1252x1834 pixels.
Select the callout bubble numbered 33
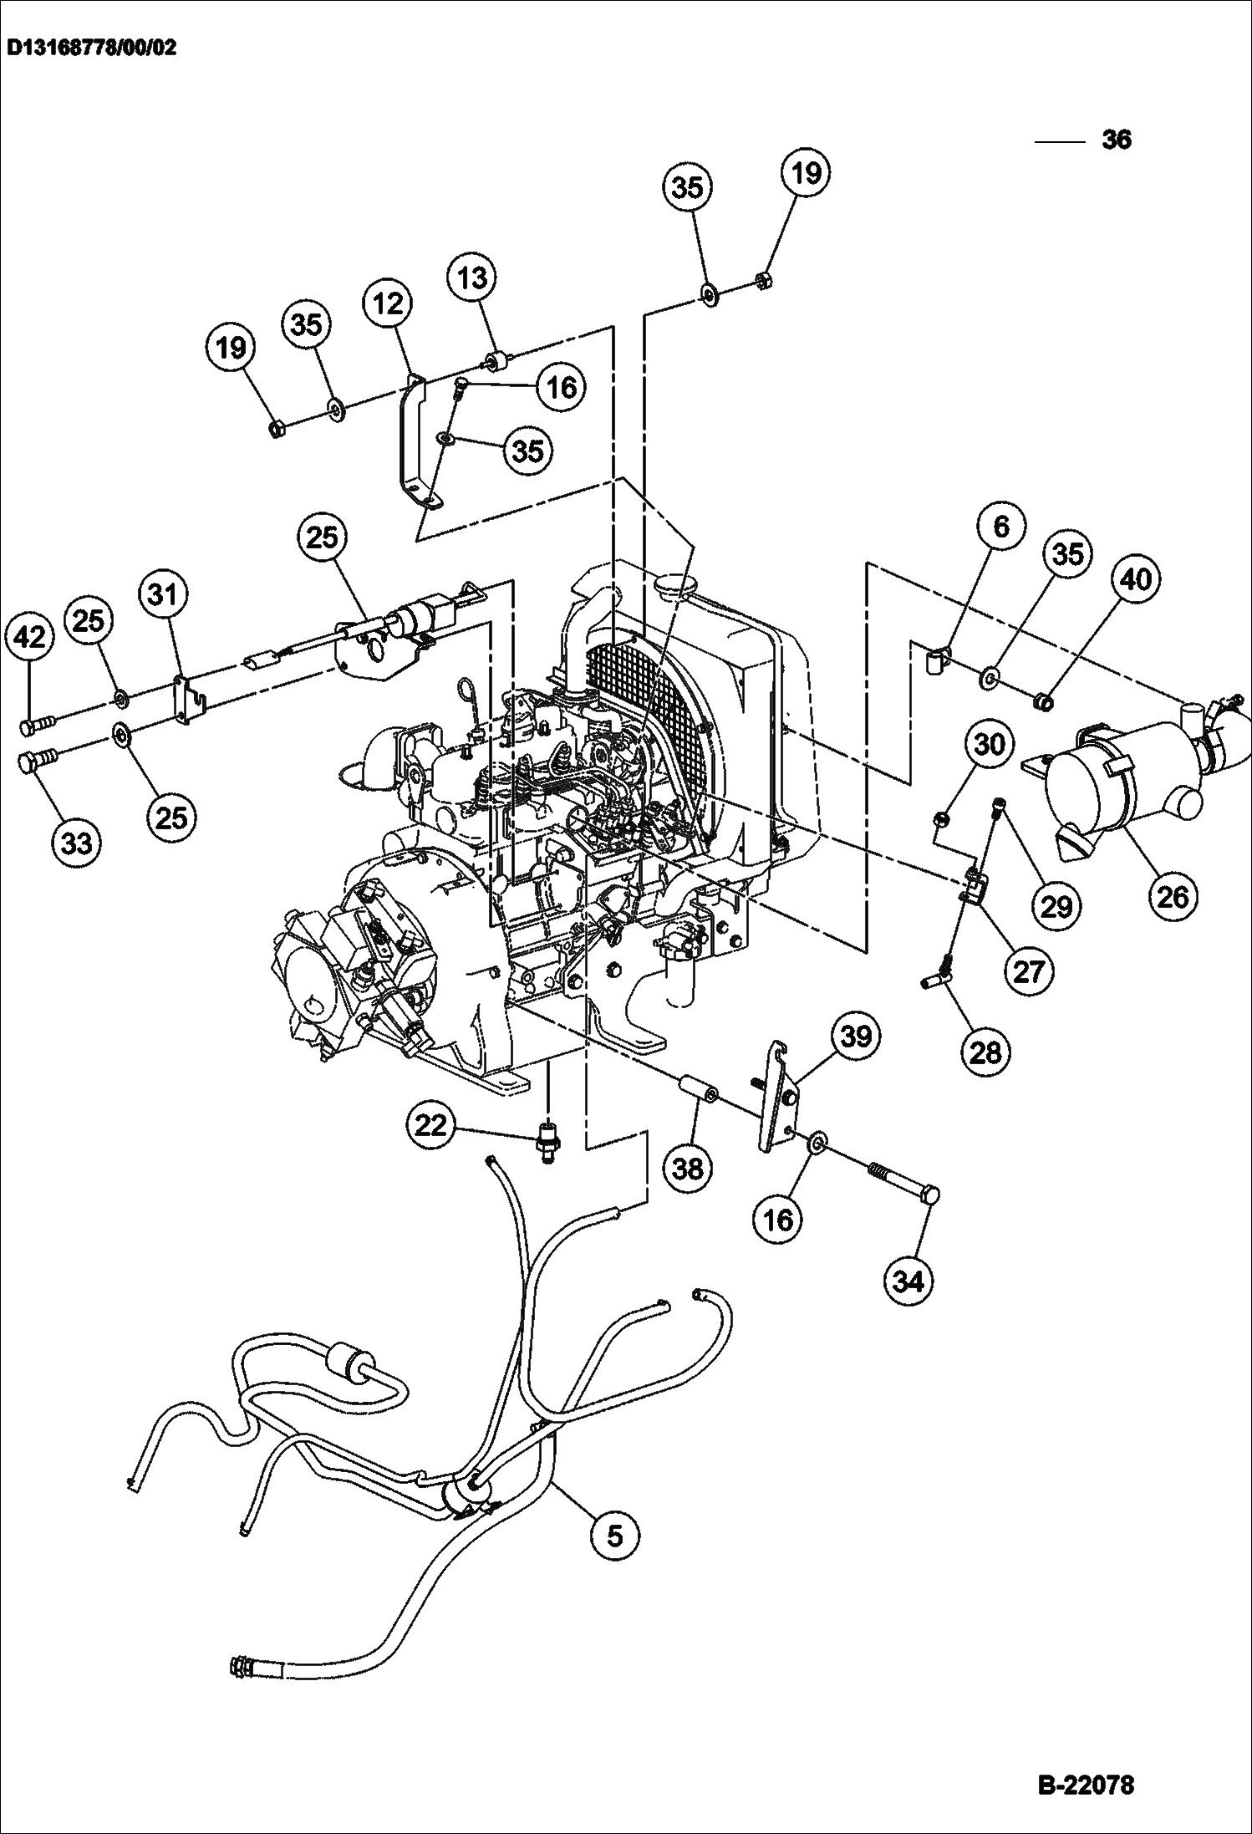pos(77,843)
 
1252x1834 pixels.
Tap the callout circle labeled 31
pos(163,594)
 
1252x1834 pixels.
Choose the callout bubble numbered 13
pos(472,278)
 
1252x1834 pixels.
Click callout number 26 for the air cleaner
pos(1173,896)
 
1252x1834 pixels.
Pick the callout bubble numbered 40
pos(1136,578)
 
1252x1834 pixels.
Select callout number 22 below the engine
pos(432,1126)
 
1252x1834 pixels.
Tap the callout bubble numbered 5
pos(614,1536)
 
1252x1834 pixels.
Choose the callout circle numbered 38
pos(688,1168)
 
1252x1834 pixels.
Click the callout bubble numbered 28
pos(986,1051)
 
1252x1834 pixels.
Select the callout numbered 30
pos(990,743)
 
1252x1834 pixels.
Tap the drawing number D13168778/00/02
pos(92,48)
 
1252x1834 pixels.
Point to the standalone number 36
pos(1117,139)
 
